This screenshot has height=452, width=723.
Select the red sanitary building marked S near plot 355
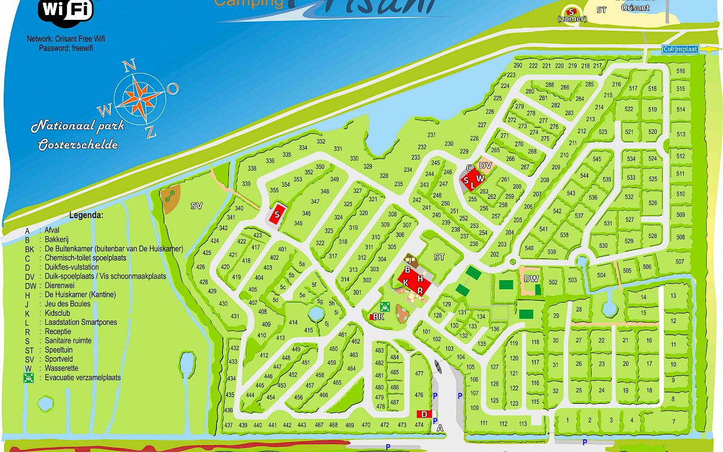point(277,215)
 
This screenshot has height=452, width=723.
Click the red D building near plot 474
point(424,414)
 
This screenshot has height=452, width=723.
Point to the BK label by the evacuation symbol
point(378,316)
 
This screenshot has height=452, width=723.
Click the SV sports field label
point(196,206)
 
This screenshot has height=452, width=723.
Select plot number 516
point(680,71)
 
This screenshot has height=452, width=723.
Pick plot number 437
point(228,425)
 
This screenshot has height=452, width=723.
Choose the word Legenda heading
point(86,215)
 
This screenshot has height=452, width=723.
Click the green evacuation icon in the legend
point(28,378)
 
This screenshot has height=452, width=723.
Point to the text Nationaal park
point(77,126)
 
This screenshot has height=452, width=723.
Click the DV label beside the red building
point(486,165)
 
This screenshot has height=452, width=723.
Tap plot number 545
point(596,159)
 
